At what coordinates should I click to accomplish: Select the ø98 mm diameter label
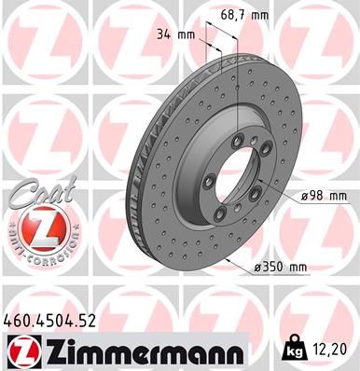(324, 197)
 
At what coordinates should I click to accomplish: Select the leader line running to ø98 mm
(280, 197)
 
